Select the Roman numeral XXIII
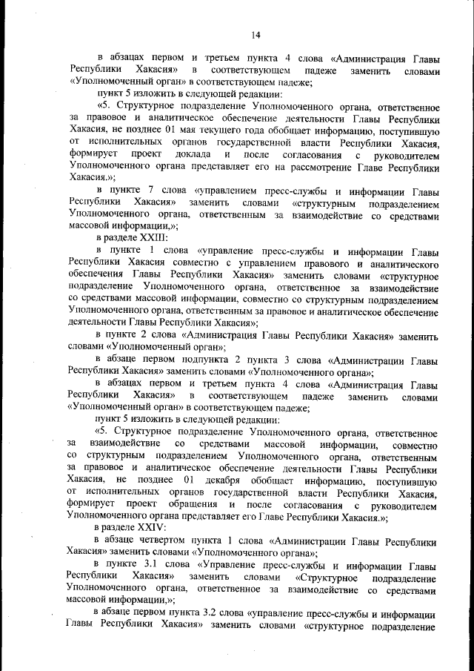click(153, 238)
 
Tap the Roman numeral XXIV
click(153, 525)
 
